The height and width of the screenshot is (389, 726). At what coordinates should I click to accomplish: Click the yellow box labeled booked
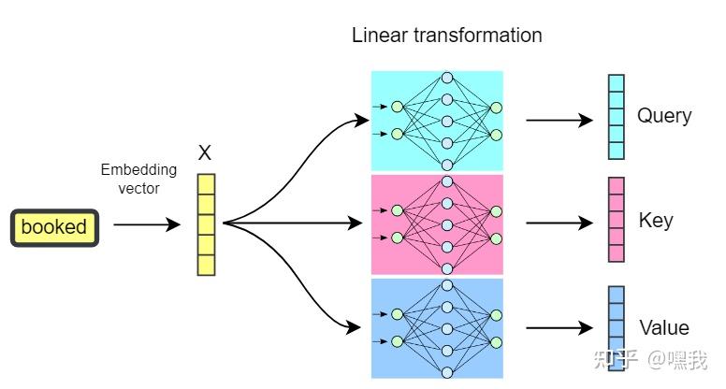tap(53, 226)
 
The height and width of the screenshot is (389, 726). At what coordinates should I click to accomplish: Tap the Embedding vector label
tap(138, 178)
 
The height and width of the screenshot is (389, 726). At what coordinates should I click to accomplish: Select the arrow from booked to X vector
tap(146, 224)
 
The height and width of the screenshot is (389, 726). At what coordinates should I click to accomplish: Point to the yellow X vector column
tap(206, 224)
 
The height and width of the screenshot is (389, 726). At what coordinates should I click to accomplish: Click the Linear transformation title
tap(446, 36)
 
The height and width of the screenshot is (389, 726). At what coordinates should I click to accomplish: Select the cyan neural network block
tap(437, 120)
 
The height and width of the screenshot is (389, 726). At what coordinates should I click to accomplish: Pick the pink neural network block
tap(437, 224)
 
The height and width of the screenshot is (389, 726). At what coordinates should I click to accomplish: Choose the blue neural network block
tap(437, 327)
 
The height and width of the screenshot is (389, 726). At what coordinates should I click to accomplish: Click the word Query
tap(664, 116)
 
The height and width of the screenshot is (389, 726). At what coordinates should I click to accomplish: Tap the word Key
tap(656, 221)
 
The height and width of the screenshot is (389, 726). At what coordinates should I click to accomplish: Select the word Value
tap(664, 327)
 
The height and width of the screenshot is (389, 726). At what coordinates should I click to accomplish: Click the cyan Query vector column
tap(616, 117)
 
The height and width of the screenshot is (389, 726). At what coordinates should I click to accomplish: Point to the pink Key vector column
tap(616, 221)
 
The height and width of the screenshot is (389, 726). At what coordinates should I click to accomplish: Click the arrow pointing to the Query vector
tap(559, 120)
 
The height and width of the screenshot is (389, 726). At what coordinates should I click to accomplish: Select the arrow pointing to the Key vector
tap(559, 223)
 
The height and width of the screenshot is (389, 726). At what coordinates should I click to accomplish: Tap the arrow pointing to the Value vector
tap(559, 328)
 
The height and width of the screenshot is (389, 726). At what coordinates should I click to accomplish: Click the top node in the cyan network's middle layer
tap(447, 78)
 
